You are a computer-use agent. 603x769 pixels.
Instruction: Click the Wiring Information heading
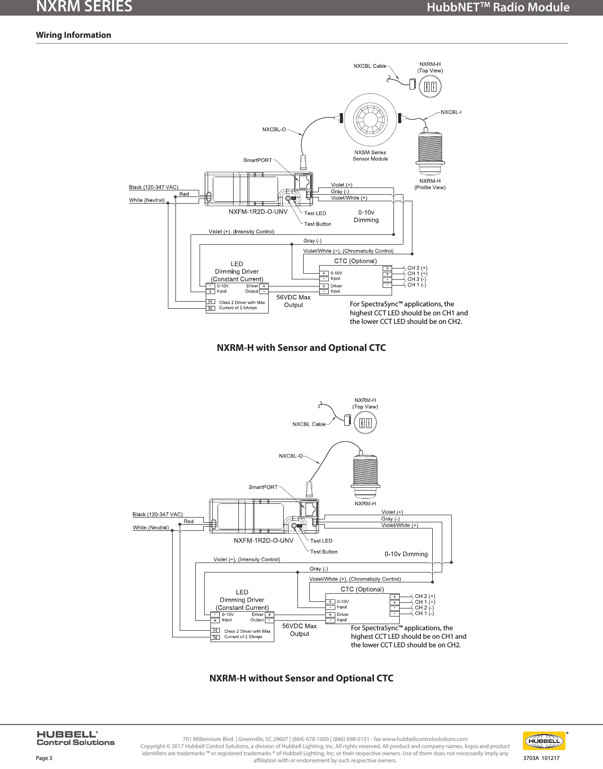point(73,35)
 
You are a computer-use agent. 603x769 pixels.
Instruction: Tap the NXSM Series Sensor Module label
point(370,156)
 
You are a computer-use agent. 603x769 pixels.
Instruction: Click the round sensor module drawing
point(370,119)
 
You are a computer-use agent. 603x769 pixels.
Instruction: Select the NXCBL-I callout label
point(451,112)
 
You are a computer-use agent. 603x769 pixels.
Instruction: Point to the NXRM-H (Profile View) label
point(430,184)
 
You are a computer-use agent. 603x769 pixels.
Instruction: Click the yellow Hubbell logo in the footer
point(544,741)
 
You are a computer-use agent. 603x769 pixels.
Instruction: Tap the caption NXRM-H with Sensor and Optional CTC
point(301,348)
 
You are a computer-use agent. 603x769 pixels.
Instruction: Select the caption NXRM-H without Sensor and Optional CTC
point(301,679)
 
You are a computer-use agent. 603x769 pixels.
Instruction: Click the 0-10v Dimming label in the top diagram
point(366,216)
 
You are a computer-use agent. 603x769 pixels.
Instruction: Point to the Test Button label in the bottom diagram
point(323,552)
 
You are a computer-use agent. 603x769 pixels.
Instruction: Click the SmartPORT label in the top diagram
point(258,160)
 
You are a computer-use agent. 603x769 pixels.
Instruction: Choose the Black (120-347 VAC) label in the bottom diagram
point(157,514)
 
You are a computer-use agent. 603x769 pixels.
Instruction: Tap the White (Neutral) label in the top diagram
point(147,200)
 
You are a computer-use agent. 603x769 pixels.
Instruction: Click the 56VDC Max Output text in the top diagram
point(293,301)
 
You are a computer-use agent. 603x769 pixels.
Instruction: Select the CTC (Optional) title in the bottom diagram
point(362,590)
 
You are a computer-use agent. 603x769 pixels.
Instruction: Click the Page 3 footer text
point(44,758)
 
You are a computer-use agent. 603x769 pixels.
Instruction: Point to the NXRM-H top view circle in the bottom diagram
point(366,423)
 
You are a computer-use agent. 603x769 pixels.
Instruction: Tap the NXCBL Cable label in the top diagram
point(370,66)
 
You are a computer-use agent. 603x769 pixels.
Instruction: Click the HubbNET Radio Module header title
point(498,8)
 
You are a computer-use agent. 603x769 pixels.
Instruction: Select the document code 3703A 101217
point(541,758)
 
